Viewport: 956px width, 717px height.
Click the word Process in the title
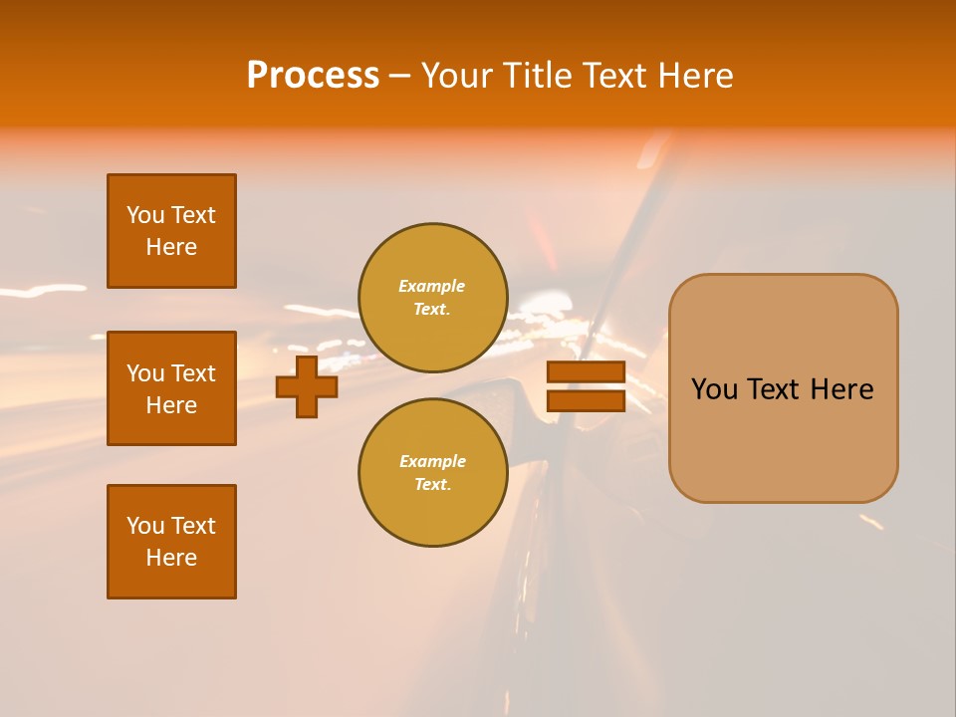click(x=313, y=76)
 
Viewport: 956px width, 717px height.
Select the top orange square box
click(x=171, y=231)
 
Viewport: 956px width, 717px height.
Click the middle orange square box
click(x=171, y=388)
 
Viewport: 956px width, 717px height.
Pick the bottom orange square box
click(x=171, y=542)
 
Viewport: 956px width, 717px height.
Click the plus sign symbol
click(x=307, y=386)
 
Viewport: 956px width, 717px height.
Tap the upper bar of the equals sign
click(x=586, y=372)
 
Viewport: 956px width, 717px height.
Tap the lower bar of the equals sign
click(x=586, y=400)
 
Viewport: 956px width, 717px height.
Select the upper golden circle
click(x=433, y=298)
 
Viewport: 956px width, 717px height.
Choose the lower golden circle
click(x=433, y=473)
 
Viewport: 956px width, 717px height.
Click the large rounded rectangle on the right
click(x=783, y=388)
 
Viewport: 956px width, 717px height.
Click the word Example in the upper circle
click(x=432, y=286)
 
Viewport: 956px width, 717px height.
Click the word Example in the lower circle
click(x=432, y=461)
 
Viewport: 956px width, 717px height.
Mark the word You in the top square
click(x=144, y=215)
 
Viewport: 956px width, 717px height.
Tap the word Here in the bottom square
click(x=171, y=558)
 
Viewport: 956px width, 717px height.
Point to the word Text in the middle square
click(x=193, y=373)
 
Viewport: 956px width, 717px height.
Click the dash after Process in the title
click(x=399, y=77)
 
